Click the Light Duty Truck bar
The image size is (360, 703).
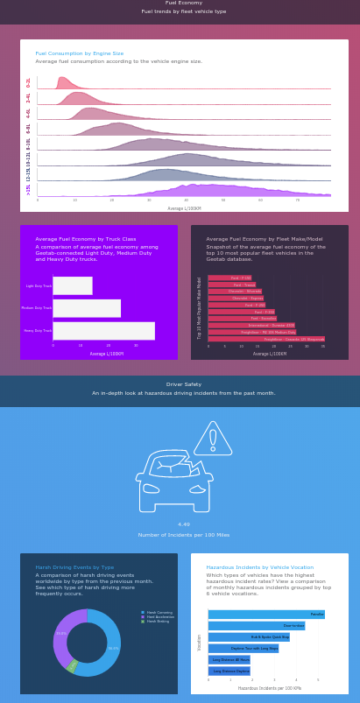[72, 285]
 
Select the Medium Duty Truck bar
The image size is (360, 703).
[87, 308]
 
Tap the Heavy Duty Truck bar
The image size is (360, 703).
[103, 331]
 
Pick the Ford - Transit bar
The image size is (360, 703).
[231, 285]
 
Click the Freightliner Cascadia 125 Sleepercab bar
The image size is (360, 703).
[266, 339]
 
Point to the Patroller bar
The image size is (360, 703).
[266, 615]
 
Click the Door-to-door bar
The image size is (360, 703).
[256, 626]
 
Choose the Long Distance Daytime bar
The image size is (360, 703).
[229, 671]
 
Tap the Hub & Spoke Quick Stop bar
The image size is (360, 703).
[249, 637]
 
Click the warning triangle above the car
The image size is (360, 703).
[212, 439]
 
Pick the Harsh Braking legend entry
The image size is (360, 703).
[159, 621]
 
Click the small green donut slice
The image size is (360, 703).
[73, 666]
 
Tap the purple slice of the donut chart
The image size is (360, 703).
[60, 637]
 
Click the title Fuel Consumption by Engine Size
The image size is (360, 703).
[80, 53]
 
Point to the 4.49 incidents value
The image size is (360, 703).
[184, 524]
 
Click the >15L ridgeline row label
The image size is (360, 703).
[28, 189]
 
